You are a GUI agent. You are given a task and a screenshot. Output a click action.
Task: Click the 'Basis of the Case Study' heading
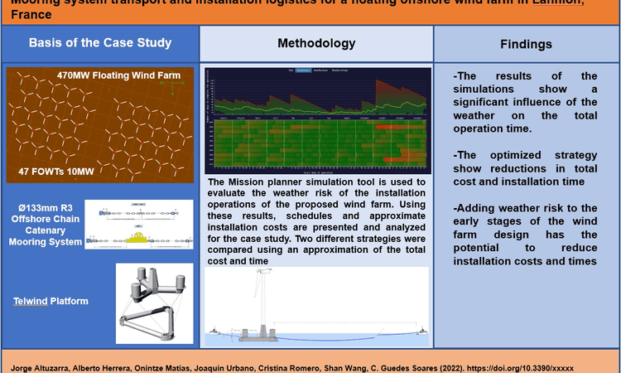click(x=101, y=42)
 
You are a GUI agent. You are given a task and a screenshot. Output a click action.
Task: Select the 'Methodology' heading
click(x=316, y=43)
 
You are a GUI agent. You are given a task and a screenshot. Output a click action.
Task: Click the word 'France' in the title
click(x=27, y=15)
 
